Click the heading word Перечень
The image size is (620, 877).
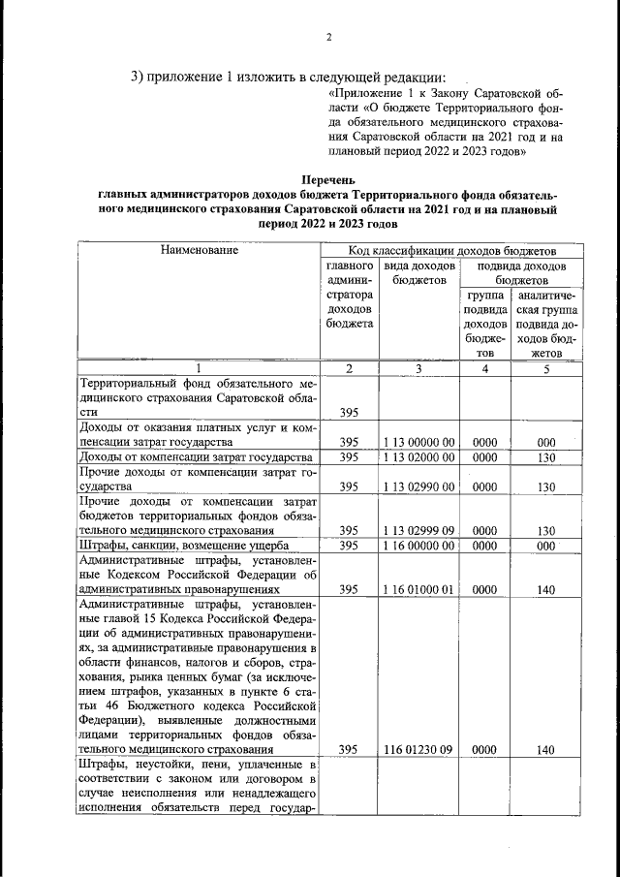click(328, 179)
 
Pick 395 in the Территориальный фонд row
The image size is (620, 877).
click(350, 413)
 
